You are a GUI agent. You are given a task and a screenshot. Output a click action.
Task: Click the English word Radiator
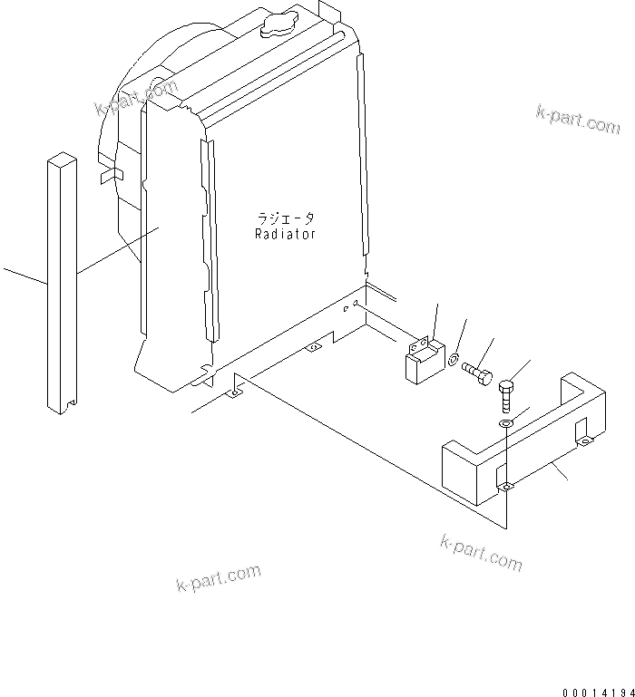(285, 235)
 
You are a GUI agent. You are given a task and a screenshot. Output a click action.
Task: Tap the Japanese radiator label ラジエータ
(285, 219)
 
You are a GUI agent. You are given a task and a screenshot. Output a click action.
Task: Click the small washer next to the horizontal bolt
(453, 361)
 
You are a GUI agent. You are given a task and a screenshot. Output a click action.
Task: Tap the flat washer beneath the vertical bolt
(506, 421)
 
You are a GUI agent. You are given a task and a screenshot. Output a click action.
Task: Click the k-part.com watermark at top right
(578, 119)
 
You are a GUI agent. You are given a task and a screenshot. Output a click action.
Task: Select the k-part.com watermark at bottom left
(218, 577)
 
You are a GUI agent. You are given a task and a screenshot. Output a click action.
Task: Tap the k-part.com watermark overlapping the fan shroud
(136, 98)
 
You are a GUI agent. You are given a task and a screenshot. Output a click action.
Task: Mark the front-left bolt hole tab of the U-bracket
(507, 487)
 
